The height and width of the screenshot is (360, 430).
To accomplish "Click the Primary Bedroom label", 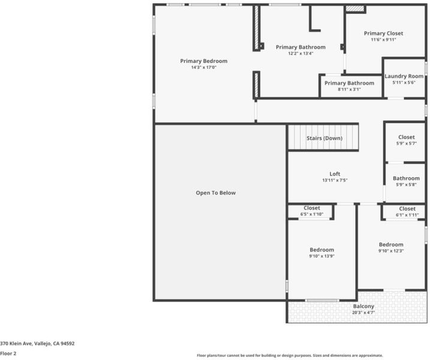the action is [204, 61].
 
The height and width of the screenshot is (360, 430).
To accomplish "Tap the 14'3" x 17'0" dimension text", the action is [204, 67].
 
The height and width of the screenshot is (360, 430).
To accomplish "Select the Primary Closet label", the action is [383, 33].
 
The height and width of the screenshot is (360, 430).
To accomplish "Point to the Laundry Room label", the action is [404, 76].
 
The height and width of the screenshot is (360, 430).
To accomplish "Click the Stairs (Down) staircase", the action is [323, 137].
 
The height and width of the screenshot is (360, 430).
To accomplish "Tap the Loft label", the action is [335, 173].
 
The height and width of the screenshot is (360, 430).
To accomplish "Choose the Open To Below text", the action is [216, 193].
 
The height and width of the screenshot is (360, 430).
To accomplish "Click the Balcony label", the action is [363, 306].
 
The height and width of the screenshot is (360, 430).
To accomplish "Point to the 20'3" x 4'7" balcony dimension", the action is [363, 313].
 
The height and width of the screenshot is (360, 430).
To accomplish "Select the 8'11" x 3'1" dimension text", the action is [349, 89].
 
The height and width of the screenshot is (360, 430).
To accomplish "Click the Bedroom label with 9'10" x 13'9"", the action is [322, 250].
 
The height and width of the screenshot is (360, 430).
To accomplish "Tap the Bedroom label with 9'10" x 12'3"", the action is [391, 244].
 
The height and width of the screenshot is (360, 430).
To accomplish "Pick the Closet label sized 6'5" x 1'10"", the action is [312, 208].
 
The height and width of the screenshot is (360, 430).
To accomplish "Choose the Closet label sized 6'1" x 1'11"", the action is [407, 209].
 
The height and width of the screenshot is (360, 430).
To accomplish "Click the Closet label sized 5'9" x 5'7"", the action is [407, 137].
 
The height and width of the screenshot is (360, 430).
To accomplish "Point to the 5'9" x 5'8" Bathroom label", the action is [406, 178].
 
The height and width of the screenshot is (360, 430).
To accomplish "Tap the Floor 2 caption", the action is [8, 353].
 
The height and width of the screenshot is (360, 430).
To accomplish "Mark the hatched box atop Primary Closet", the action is [355, 9].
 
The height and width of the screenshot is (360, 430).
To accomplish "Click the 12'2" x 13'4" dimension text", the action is [300, 53].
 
